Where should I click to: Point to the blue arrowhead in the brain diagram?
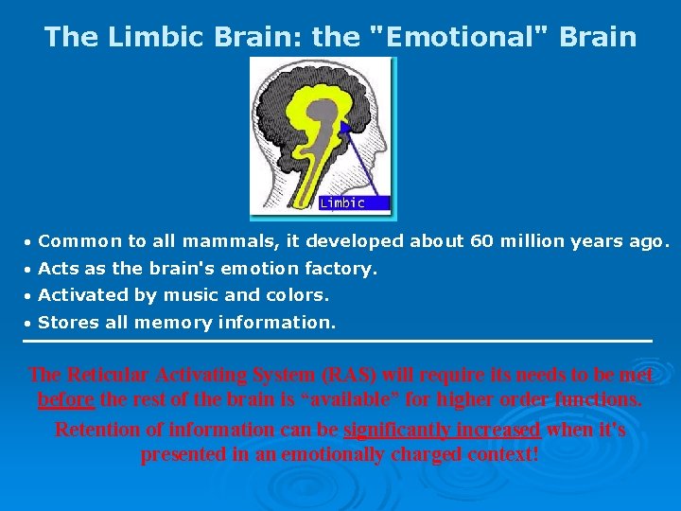[x=346, y=128]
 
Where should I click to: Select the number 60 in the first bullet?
[x=482, y=241]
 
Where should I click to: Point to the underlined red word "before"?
[x=66, y=399]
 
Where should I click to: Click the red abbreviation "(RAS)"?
[x=349, y=375]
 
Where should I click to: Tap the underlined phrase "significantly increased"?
[x=442, y=430]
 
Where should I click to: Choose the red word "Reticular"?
[x=108, y=374]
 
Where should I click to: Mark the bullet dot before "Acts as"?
[x=27, y=270]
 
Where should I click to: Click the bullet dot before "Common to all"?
[x=27, y=242]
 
